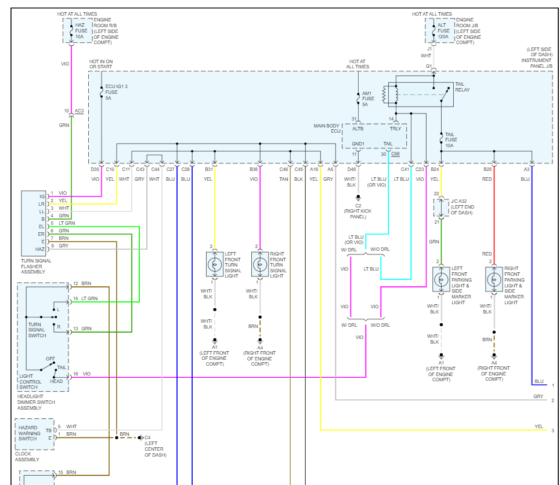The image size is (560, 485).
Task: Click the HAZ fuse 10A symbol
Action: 71,30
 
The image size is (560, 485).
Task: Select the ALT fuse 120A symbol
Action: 433,30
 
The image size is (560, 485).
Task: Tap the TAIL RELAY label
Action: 463,87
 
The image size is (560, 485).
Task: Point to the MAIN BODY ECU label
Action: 327,128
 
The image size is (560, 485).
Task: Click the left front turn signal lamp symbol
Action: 215,264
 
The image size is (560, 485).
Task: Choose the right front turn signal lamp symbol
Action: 259,264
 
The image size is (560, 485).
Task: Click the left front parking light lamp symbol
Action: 441,279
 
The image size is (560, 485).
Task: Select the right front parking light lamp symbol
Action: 494,279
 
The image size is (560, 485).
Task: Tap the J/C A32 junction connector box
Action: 441,207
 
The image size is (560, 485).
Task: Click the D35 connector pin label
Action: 95,169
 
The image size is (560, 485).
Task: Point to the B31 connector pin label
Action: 209,169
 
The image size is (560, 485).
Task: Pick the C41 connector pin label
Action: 405,169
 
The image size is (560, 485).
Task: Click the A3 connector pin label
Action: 526,169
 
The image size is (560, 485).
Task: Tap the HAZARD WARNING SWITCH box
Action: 35,433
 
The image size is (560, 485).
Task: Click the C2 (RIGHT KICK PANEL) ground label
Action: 358,213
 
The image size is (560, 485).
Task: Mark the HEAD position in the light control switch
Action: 57,381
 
